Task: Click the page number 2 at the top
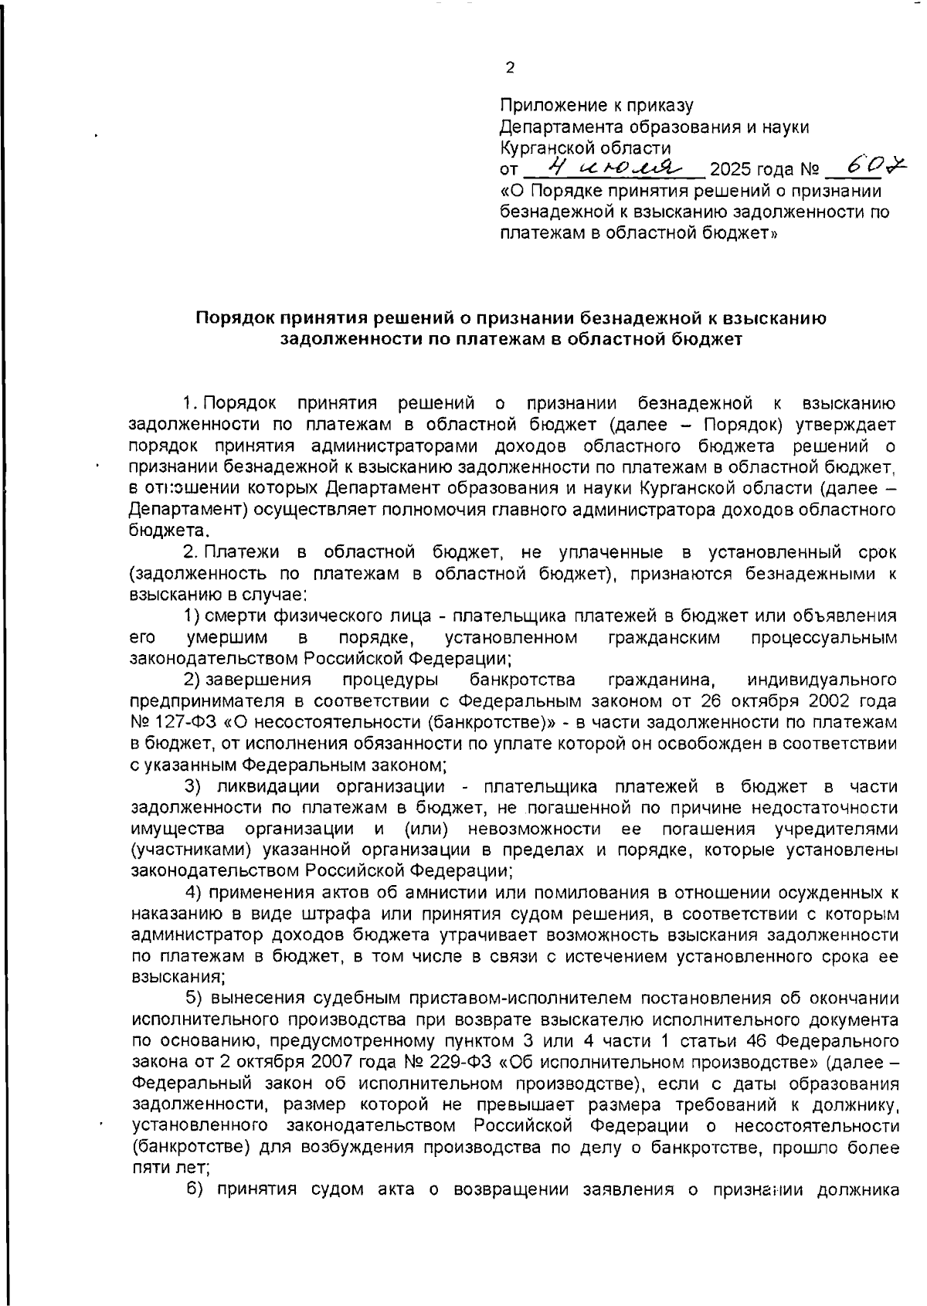(x=509, y=68)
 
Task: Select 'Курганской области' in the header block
(x=585, y=148)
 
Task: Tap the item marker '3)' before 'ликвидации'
(x=192, y=786)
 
